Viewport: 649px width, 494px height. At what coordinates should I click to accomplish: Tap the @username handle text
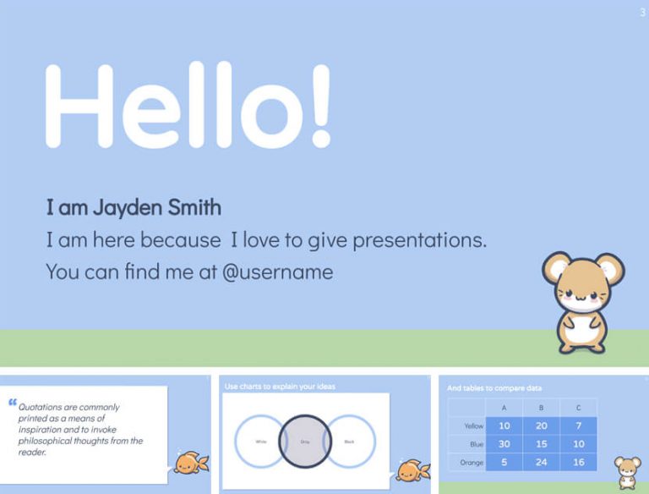click(x=278, y=272)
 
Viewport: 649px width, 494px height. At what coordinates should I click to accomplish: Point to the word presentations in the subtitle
click(x=419, y=240)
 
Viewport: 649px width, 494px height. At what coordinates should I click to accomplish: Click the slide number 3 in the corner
click(x=643, y=12)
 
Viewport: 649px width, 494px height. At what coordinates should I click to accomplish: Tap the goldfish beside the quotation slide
click(x=187, y=462)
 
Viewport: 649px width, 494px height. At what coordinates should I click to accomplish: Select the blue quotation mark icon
click(x=12, y=403)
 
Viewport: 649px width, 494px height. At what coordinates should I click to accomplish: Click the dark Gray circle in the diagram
click(x=304, y=441)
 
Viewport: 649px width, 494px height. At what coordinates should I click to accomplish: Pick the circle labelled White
click(x=259, y=441)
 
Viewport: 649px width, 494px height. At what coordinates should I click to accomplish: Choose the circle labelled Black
click(x=349, y=441)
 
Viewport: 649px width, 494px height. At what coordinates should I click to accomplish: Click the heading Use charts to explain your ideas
click(x=280, y=387)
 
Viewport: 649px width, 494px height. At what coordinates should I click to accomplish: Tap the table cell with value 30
click(x=504, y=443)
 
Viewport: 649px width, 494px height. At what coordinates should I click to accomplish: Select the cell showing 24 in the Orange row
click(x=541, y=462)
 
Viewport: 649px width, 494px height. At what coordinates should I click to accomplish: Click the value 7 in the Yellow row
click(x=578, y=425)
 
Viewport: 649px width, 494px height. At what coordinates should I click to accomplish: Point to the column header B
click(x=541, y=408)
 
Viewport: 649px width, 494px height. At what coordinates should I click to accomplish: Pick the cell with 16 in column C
click(x=578, y=462)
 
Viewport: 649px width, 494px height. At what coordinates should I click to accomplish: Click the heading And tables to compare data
click(x=494, y=388)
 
